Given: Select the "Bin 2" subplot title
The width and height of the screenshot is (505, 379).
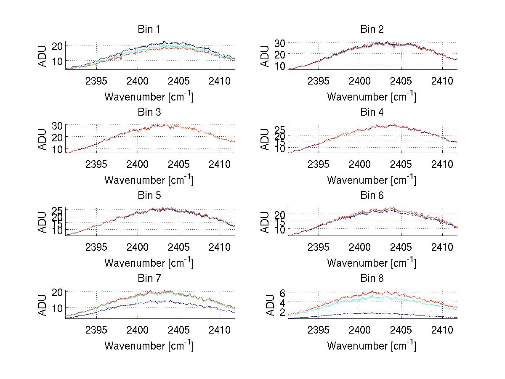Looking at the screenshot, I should click(x=372, y=29).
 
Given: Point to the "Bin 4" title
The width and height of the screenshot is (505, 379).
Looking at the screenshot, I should click(x=372, y=112).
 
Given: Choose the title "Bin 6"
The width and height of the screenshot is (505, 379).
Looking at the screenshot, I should click(x=372, y=196).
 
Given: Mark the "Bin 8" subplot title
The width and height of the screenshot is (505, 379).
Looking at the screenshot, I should click(x=372, y=278).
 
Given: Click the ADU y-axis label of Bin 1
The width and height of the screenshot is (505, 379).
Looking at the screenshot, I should click(x=43, y=56).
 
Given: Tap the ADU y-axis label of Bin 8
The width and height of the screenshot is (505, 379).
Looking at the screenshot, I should click(x=265, y=305).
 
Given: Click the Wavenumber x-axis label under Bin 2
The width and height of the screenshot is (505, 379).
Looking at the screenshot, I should click(x=372, y=97).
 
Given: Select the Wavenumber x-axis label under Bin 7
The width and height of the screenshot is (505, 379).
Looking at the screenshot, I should click(x=149, y=346).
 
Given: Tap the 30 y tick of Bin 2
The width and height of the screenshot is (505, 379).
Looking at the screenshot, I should click(x=280, y=43).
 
